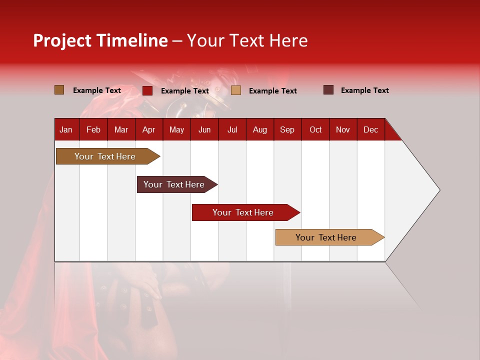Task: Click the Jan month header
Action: (66, 129)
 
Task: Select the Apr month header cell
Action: (148, 129)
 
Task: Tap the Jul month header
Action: (232, 129)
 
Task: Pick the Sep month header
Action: (287, 129)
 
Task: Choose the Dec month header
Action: (370, 129)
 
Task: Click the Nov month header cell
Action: (343, 129)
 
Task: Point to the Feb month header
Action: (93, 129)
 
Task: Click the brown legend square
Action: (59, 90)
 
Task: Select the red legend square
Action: (147, 90)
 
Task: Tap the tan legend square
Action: (236, 90)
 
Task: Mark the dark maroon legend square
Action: (328, 90)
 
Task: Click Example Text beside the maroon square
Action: (364, 90)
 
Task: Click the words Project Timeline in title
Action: (100, 40)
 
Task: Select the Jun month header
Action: (204, 129)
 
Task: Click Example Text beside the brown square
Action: (96, 90)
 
